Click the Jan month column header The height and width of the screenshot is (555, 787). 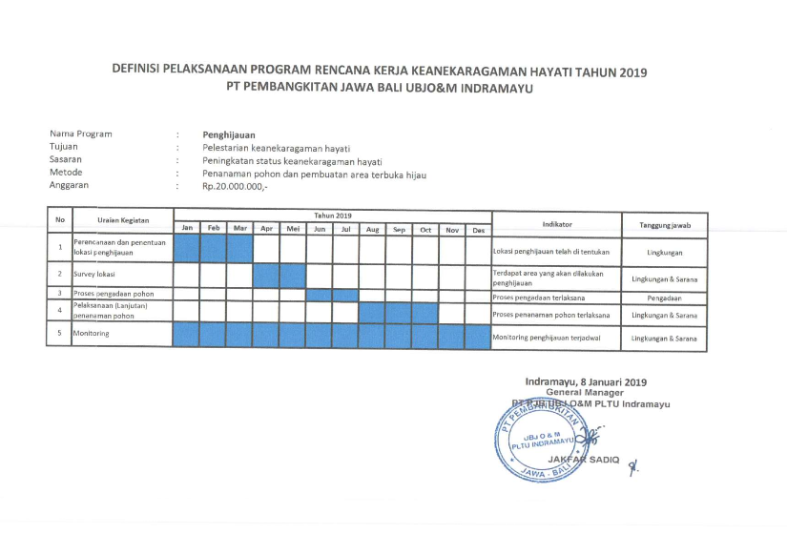[187, 229]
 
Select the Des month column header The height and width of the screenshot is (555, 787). [478, 230]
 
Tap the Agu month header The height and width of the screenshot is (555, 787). [372, 229]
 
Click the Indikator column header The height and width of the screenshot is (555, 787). [556, 223]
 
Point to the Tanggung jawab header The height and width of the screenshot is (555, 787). [664, 223]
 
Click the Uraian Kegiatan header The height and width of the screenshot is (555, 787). [123, 220]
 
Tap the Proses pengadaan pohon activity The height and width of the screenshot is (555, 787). [114, 293]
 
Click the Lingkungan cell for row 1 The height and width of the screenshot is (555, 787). [664, 252]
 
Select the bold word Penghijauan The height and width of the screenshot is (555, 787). [229, 134]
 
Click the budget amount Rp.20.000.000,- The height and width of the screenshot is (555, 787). [235, 186]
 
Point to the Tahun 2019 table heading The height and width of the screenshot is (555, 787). [333, 216]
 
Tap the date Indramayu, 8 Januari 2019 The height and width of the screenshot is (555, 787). [586, 381]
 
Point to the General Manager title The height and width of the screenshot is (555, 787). [585, 392]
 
